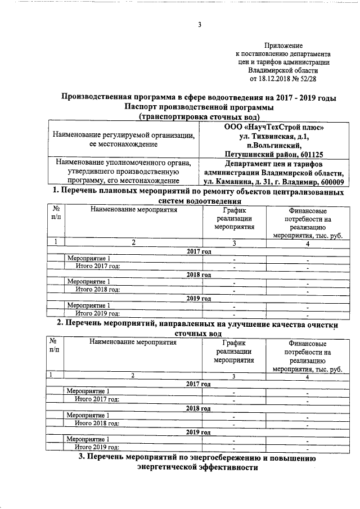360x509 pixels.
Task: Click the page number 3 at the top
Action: tap(199, 24)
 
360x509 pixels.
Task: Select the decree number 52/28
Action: tap(307, 79)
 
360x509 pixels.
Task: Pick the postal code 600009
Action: tap(328, 182)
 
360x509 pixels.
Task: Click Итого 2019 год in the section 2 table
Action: tap(97, 447)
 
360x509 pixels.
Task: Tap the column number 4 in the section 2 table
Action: tap(307, 376)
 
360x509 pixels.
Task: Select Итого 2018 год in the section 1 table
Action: tap(98, 290)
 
